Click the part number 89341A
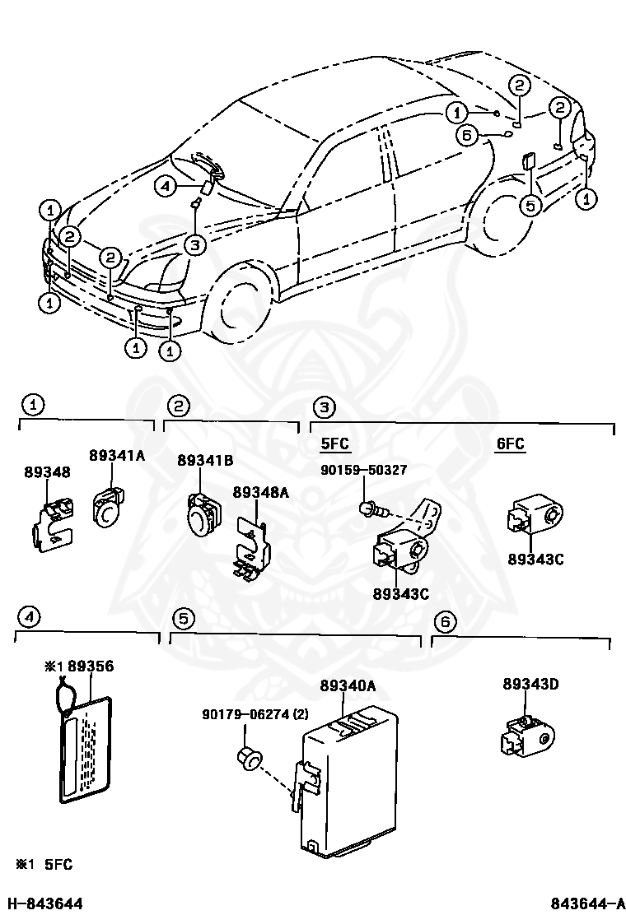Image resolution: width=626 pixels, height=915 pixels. click(117, 453)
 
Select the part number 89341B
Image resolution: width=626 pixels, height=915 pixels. click(205, 461)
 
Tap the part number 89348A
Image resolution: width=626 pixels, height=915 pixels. click(260, 492)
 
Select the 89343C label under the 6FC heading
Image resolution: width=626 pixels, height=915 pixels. click(535, 559)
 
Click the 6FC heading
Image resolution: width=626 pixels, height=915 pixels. click(510, 444)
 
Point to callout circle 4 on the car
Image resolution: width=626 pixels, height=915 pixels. click(166, 188)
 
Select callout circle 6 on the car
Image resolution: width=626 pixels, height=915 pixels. click(466, 136)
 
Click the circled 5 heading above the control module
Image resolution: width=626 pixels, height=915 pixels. click(183, 618)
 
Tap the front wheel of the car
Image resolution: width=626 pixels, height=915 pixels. click(243, 304)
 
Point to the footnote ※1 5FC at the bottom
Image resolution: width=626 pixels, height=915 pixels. click(43, 864)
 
